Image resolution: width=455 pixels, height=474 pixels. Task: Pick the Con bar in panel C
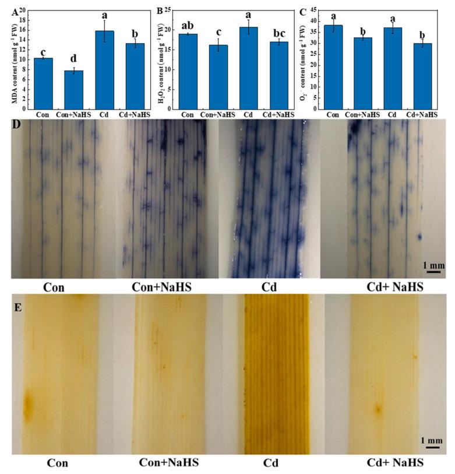point(333,67)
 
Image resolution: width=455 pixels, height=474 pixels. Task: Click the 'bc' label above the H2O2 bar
point(278,30)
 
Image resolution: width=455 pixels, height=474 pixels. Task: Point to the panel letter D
point(17,125)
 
